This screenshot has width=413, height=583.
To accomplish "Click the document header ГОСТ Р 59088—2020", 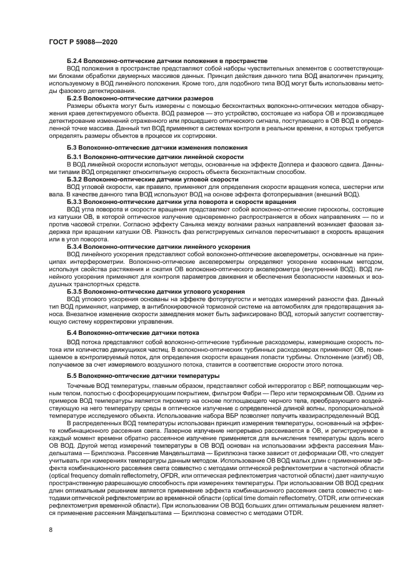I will click(x=83, y=42).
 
